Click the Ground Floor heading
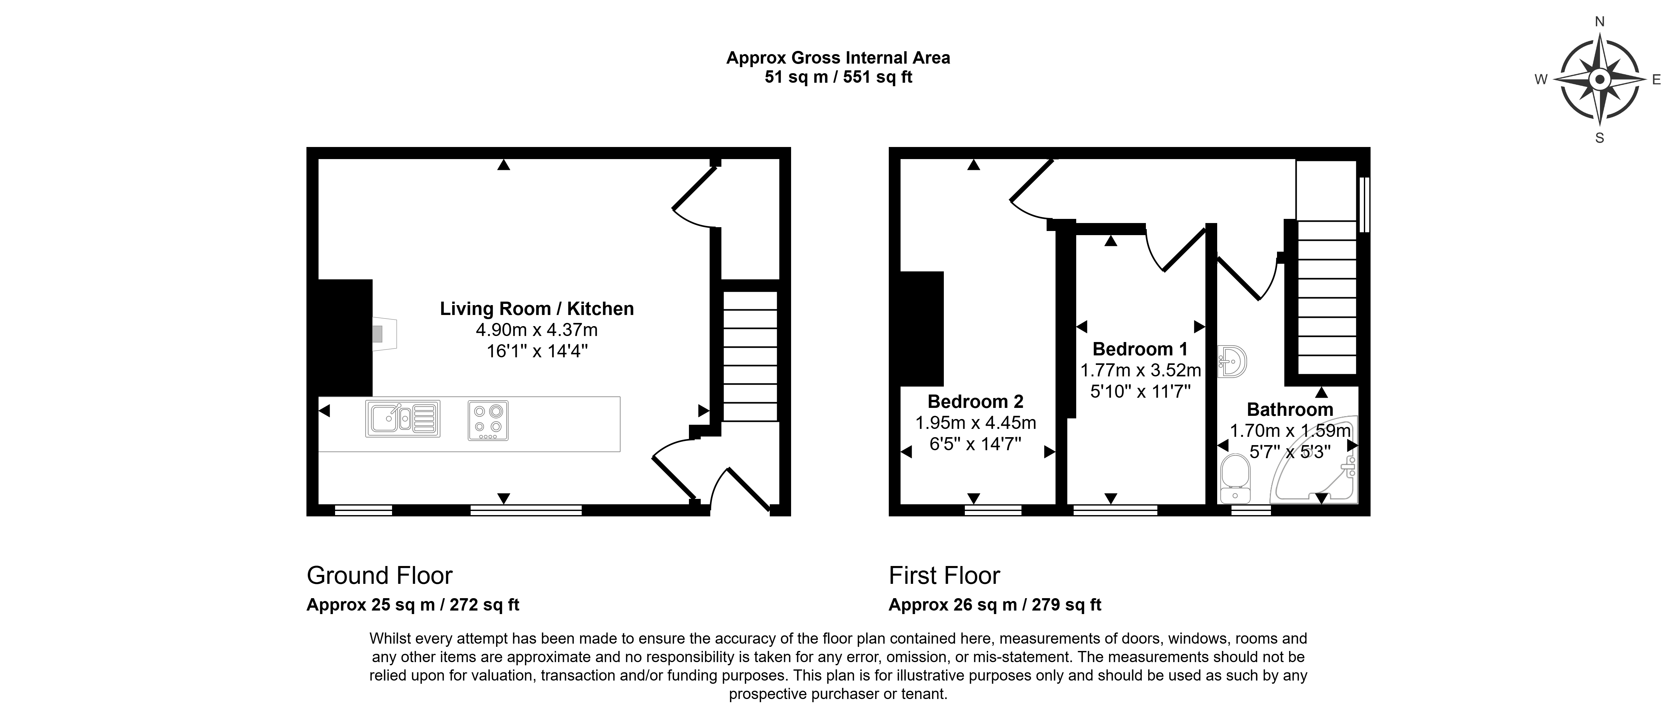click(380, 575)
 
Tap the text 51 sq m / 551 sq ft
click(838, 77)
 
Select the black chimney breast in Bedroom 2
click(922, 329)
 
